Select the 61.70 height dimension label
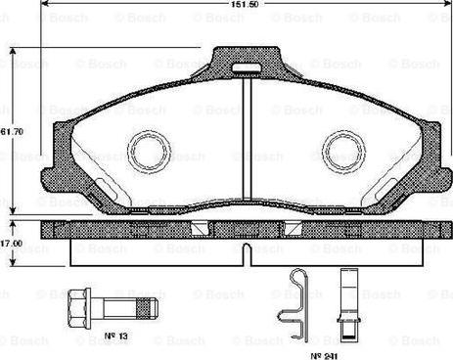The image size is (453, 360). (x=12, y=129)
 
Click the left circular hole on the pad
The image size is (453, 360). (x=150, y=151)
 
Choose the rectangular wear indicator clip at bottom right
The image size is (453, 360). (x=345, y=292)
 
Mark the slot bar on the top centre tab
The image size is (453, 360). (x=247, y=69)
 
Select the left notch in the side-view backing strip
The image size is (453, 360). (x=202, y=228)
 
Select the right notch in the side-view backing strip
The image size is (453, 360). (x=291, y=228)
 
